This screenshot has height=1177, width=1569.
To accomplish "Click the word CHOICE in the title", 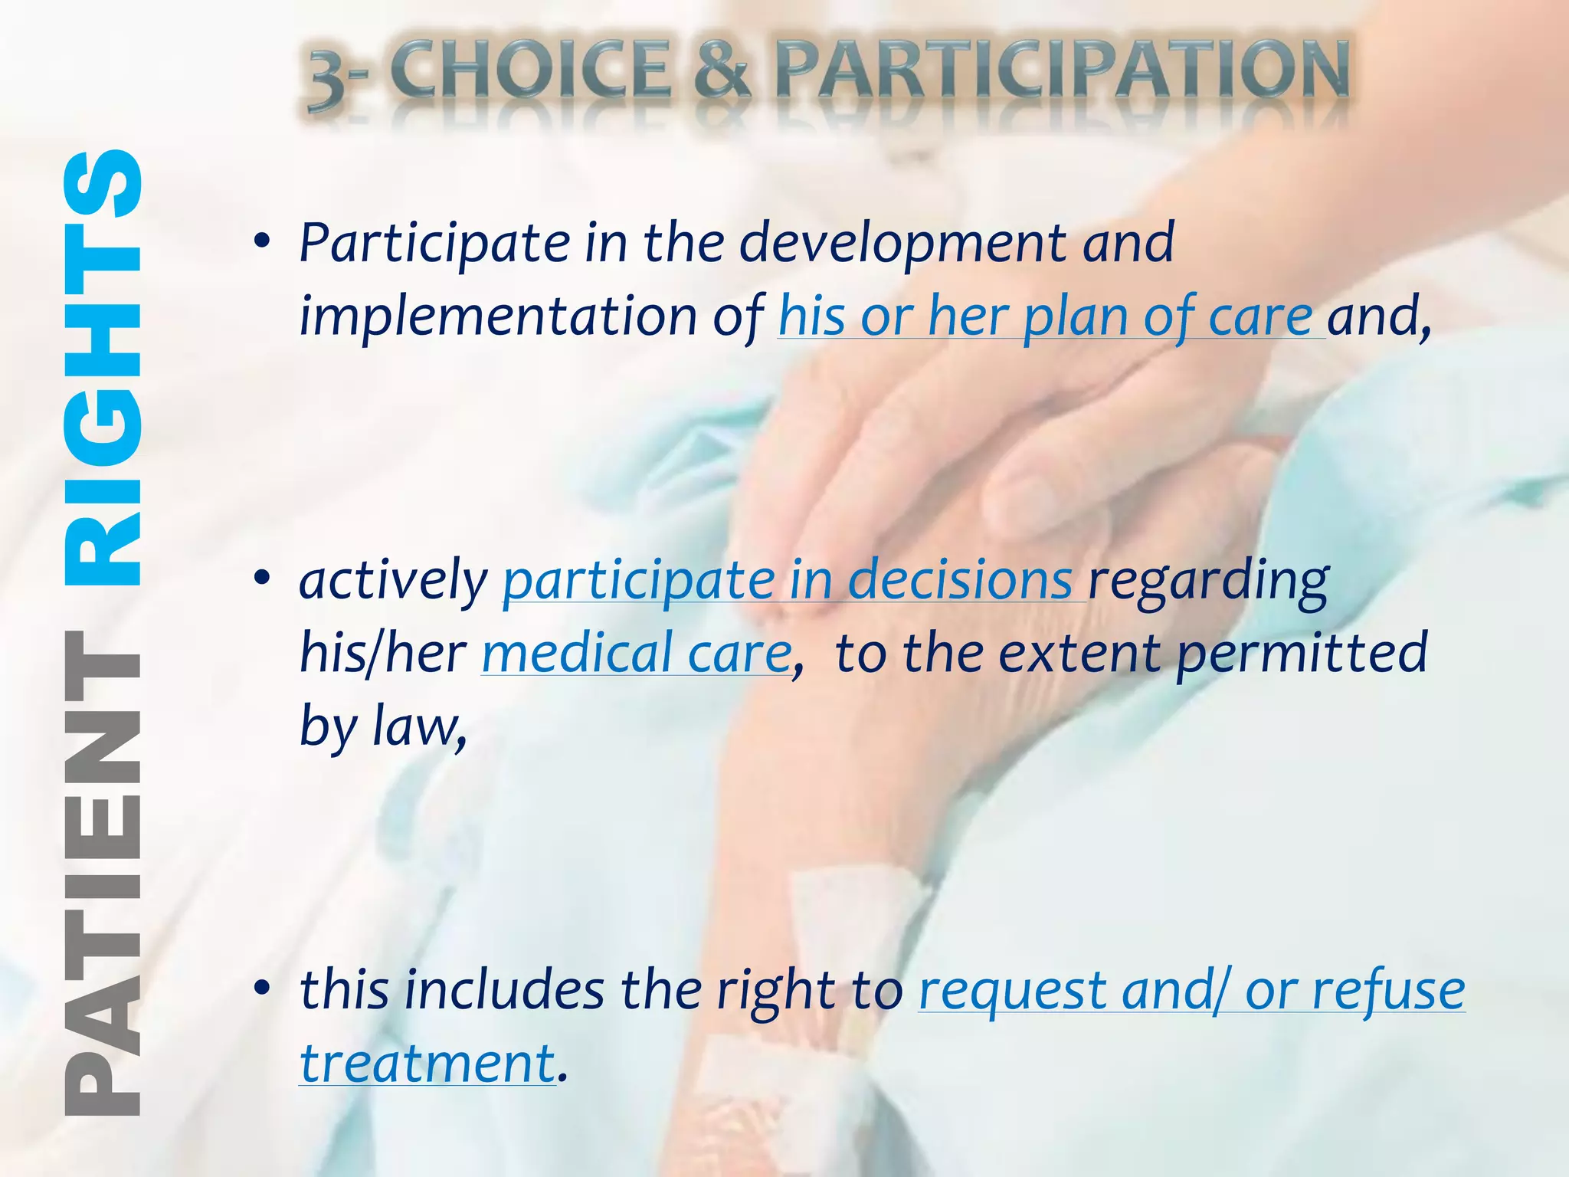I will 532,70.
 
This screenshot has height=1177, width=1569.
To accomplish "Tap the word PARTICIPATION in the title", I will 1062,70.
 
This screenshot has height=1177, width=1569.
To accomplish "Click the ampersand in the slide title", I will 721,70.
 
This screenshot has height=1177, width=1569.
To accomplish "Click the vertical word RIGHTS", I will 103,368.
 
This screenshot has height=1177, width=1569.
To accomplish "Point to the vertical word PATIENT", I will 103,874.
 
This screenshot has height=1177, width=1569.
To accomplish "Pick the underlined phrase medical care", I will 637,654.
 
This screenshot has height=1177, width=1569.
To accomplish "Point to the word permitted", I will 1302,654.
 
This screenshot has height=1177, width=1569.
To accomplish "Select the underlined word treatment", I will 427,1064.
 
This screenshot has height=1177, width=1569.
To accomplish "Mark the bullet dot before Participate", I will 263,242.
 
